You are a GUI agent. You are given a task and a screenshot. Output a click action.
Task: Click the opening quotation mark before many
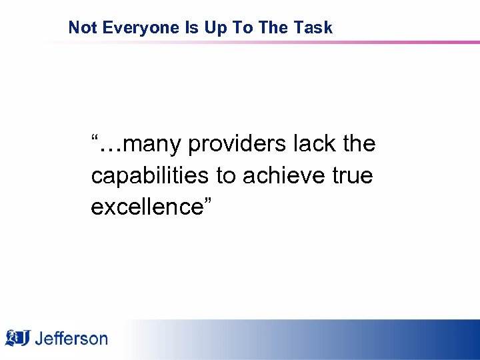(x=95, y=137)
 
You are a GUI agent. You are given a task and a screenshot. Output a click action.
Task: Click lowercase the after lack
(x=359, y=143)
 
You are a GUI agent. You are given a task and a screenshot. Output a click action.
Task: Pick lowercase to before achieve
(x=226, y=175)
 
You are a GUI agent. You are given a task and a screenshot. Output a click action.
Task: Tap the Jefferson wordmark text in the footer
(x=71, y=338)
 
